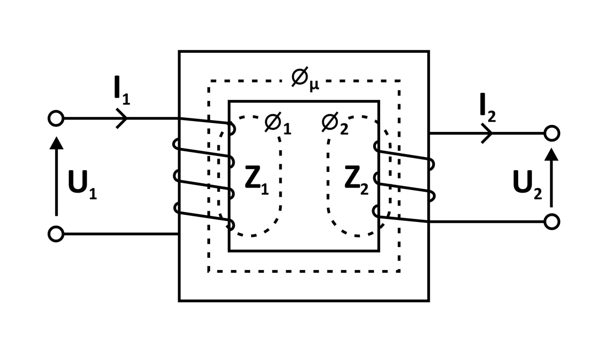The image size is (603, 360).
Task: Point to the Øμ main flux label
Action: [x=304, y=78]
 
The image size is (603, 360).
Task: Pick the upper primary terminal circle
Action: [x=56, y=118]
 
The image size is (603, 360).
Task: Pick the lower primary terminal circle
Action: [x=56, y=234]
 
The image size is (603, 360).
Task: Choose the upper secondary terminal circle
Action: [x=551, y=133]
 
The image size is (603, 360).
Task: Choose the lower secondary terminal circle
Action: [x=551, y=221]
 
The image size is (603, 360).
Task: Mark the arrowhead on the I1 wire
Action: [x=122, y=118]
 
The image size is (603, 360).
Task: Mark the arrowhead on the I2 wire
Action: [x=488, y=133]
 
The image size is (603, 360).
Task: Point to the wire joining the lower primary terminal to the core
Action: [x=121, y=234]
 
